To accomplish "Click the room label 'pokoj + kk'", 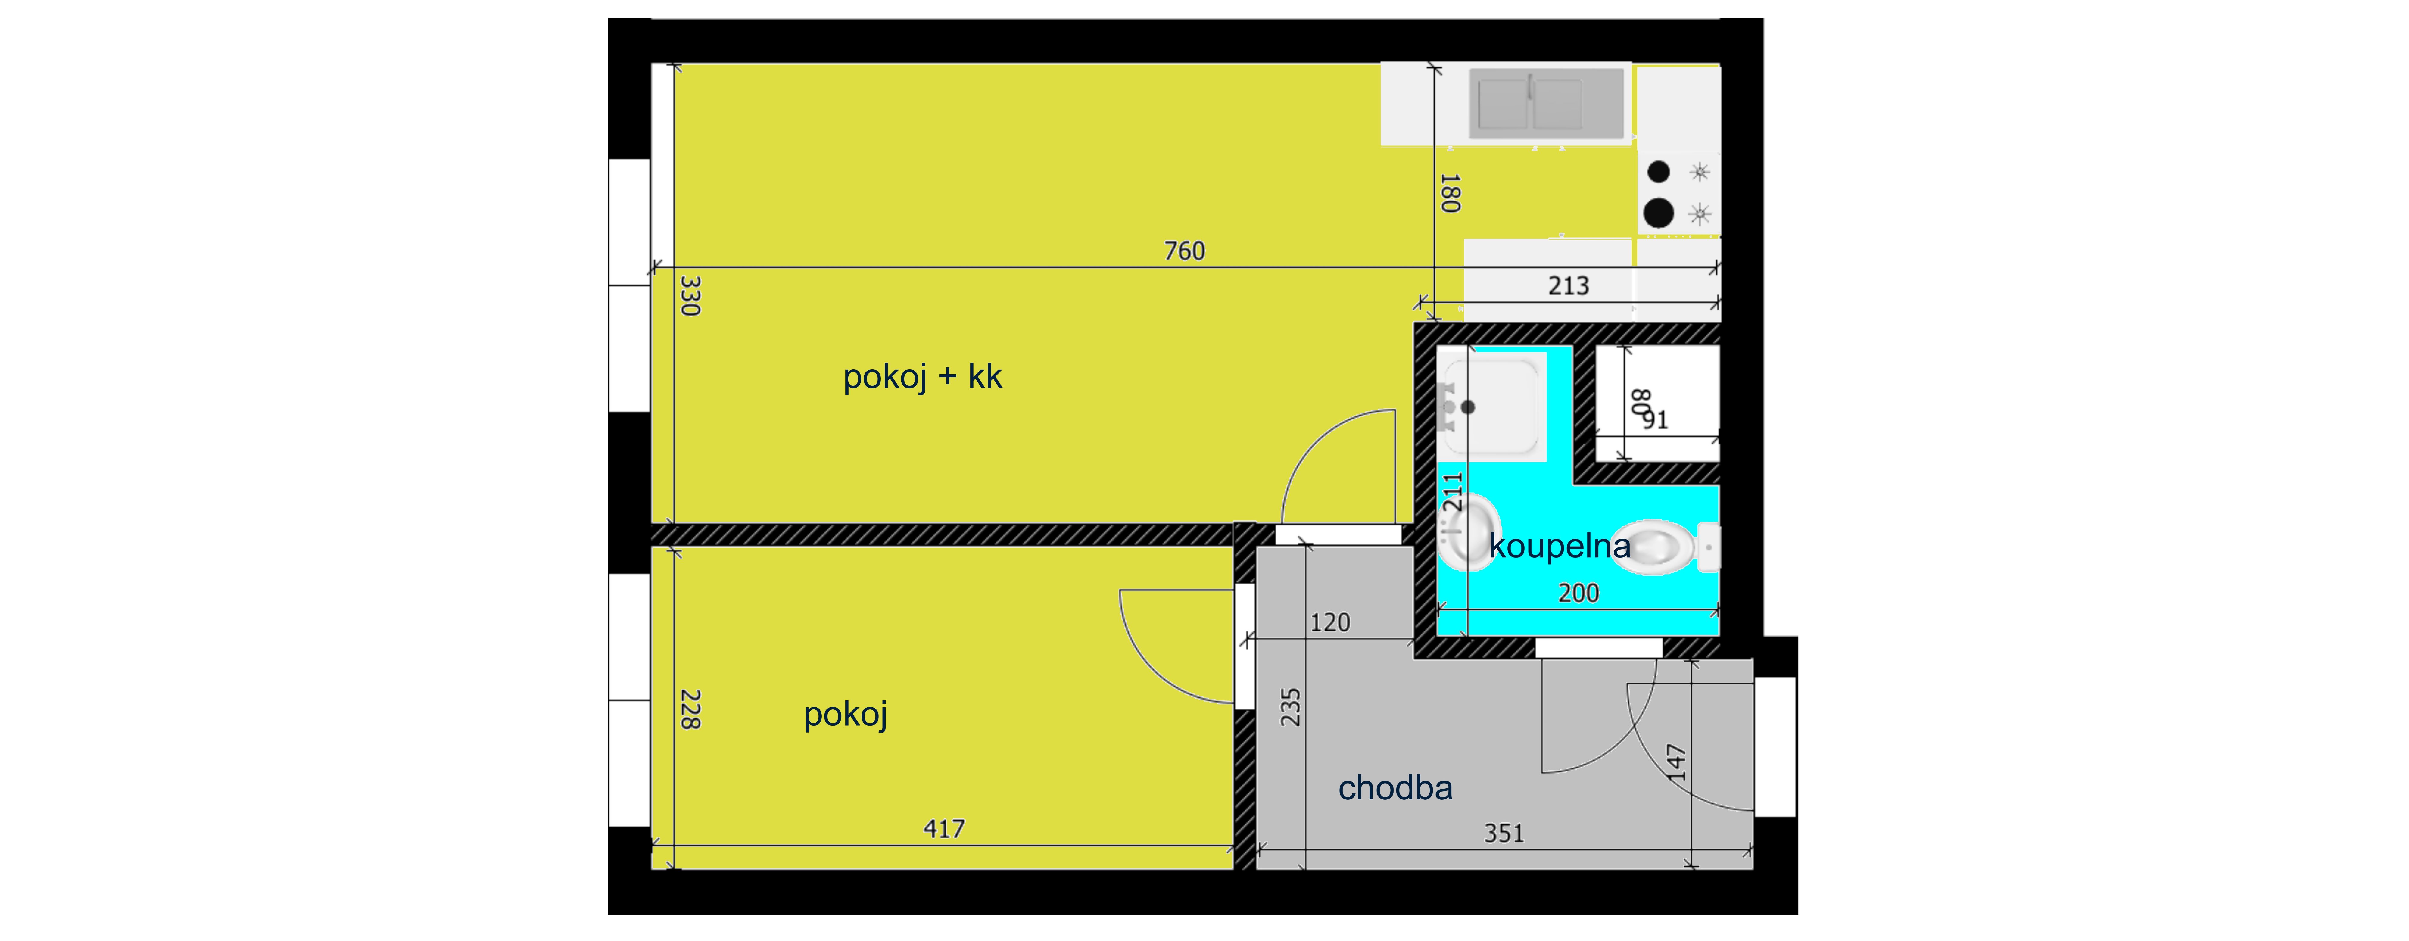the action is point(922,377).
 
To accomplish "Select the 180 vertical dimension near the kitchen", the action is point(1450,193).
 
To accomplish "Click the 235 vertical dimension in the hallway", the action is point(1291,707).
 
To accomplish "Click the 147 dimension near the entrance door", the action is point(1677,762).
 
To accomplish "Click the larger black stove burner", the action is point(1658,213).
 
